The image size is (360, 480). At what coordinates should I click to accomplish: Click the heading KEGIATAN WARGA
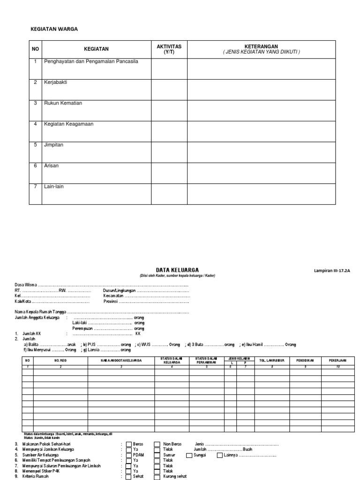pyautogui.click(x=54, y=29)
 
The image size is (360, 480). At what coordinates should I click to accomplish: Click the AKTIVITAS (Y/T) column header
pyautogui.click(x=169, y=49)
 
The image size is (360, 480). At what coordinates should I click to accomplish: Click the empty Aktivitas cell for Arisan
pyautogui.click(x=169, y=173)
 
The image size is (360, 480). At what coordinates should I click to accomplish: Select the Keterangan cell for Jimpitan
pyautogui.click(x=262, y=152)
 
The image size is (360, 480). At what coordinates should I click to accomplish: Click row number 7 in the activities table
pyautogui.click(x=35, y=187)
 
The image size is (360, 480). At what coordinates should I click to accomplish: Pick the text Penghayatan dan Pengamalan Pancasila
pyautogui.click(x=90, y=61)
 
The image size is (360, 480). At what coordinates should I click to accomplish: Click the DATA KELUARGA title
pyautogui.click(x=178, y=270)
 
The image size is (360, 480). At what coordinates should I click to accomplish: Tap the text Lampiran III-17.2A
pyautogui.click(x=332, y=271)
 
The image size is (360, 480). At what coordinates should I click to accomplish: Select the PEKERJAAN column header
pyautogui.click(x=337, y=361)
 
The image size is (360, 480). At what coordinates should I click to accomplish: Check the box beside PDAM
pyautogui.click(x=129, y=455)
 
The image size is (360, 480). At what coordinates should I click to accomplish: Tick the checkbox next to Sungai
pyautogui.click(x=189, y=455)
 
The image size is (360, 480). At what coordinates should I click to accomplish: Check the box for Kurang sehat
pyautogui.click(x=157, y=477)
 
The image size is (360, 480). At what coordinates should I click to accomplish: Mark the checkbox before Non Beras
pyautogui.click(x=157, y=444)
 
